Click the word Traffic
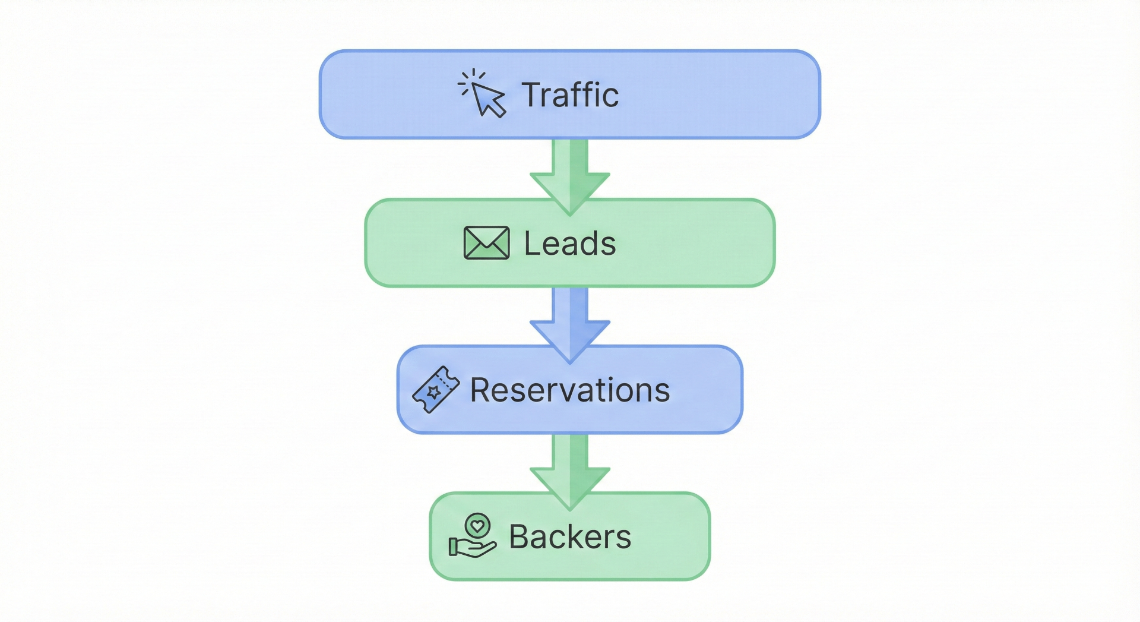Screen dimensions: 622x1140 tap(570, 95)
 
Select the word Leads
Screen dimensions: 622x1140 tap(570, 244)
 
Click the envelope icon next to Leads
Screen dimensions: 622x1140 tap(486, 243)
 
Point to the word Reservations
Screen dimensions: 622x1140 tap(570, 390)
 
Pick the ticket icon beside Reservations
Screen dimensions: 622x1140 tap(436, 390)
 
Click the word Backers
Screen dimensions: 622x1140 tap(570, 537)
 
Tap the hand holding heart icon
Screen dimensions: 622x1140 tap(473, 536)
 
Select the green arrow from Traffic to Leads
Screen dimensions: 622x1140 tap(570, 175)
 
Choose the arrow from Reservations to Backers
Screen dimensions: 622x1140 tap(570, 469)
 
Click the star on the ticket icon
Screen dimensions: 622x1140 tap(433, 392)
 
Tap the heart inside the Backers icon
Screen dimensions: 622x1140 tap(477, 526)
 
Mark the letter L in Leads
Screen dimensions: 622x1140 tap(530, 244)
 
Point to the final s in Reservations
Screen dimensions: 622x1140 tap(663, 392)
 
